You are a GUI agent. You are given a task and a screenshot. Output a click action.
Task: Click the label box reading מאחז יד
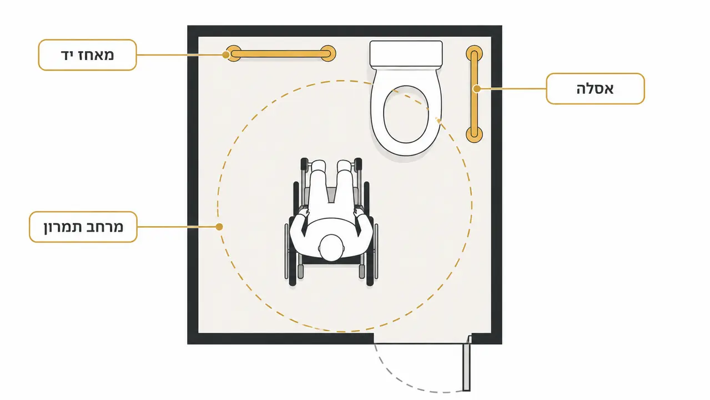pos(88,55)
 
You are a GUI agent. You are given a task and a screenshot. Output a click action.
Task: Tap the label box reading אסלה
pos(595,88)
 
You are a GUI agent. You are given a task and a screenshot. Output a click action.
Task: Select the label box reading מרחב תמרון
pos(83,227)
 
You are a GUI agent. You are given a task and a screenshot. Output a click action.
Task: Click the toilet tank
pos(406,53)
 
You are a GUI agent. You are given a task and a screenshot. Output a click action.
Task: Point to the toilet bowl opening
pos(406,114)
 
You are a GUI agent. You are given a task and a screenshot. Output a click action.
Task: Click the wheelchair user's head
pos(331,247)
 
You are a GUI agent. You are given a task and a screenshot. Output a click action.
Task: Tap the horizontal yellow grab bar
pos(280,53)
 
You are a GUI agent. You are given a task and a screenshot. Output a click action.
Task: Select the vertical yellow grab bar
pos(474,94)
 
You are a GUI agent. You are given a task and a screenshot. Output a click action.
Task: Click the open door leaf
pos(466,363)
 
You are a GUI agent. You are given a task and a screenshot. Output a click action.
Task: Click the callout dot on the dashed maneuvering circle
pos(219,227)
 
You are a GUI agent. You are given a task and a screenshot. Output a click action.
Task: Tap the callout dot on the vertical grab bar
pos(477,89)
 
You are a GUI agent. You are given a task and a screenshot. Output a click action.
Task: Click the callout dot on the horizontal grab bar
pos(226,55)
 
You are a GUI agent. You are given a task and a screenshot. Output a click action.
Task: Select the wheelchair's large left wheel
pos(293,234)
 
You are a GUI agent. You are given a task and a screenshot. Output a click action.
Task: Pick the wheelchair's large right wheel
pos(369,234)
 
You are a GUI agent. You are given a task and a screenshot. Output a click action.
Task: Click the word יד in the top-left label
pos(68,55)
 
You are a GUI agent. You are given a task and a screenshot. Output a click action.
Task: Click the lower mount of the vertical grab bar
pos(474,134)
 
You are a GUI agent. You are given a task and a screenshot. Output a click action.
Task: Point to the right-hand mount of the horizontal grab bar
pos(328,53)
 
